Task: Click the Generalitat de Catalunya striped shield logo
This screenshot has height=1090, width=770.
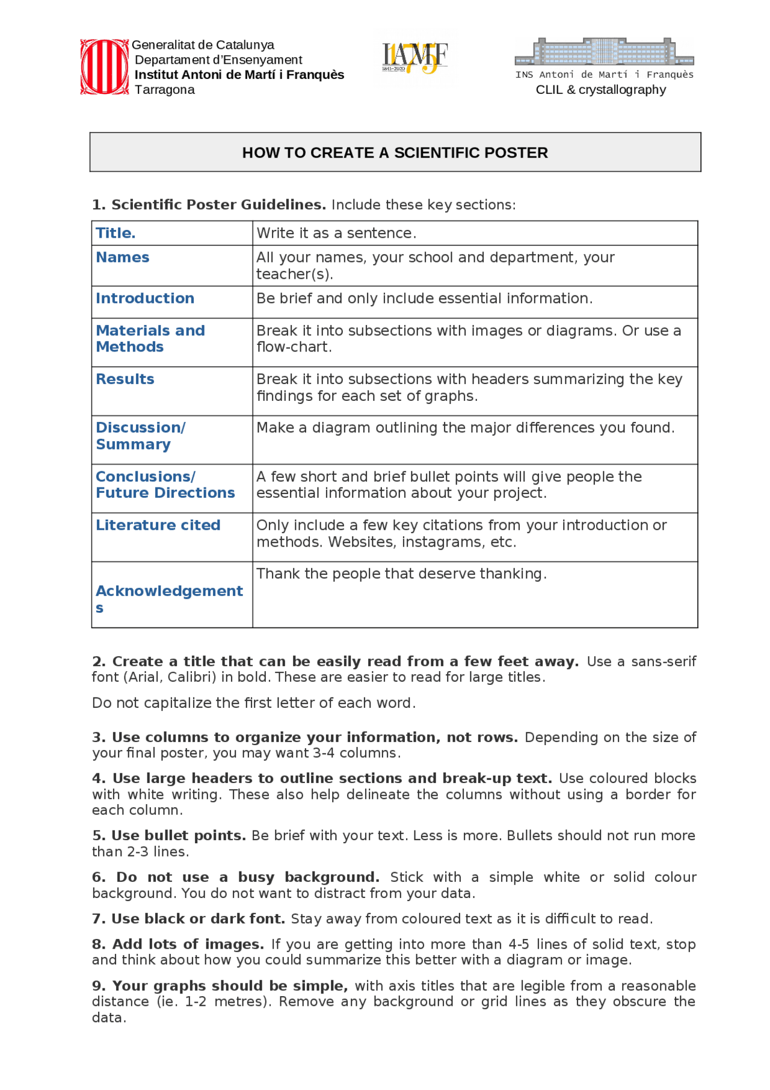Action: pos(104,67)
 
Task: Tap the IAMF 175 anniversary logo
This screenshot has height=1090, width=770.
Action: pos(414,58)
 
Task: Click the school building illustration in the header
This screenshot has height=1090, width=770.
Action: pos(604,52)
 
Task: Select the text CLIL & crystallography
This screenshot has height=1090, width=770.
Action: pos(600,90)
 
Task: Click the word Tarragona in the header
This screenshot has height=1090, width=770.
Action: pos(164,90)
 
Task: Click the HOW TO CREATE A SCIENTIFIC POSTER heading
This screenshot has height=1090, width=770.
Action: pos(395,152)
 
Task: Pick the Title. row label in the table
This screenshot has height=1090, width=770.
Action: pos(115,233)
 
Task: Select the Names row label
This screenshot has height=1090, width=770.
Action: pos(123,257)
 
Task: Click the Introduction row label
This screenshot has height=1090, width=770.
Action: pos(145,298)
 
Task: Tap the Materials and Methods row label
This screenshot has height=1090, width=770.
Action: pos(150,338)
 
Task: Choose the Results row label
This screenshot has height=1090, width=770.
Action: pos(125,379)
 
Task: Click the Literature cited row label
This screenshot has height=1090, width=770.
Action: pos(158,525)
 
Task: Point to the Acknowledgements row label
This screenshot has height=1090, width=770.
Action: pos(169,592)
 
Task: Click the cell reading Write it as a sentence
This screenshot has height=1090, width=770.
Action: pos(336,233)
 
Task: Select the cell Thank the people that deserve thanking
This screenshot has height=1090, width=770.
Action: pos(401,574)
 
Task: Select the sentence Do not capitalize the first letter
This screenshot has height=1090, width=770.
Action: pos(253,703)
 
